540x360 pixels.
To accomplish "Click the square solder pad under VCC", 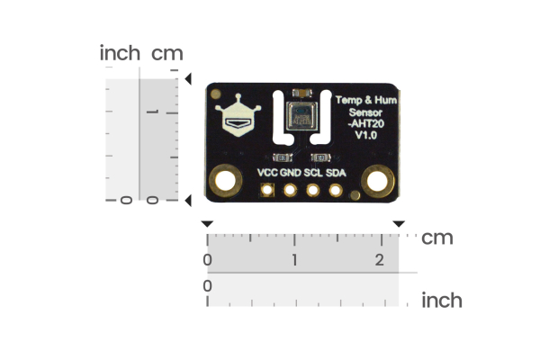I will click(x=267, y=190).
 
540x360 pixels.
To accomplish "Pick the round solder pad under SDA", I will click(x=336, y=190).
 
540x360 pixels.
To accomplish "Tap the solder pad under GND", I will click(x=290, y=190).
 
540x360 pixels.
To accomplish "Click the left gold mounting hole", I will click(x=224, y=183).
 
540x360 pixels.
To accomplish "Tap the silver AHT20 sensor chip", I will click(x=301, y=117).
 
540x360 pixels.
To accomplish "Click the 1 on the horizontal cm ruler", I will click(x=294, y=259).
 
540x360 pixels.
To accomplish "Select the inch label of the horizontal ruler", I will click(x=442, y=300).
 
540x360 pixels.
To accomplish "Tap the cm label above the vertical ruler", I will click(x=167, y=54).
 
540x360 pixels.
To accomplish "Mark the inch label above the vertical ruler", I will click(x=120, y=54).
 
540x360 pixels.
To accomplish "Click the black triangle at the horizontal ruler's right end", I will click(x=399, y=223).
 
